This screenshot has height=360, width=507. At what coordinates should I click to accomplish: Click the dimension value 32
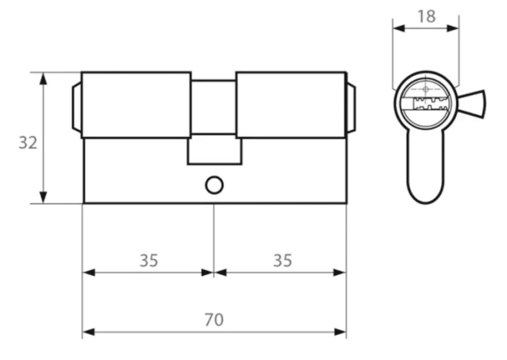(28, 143)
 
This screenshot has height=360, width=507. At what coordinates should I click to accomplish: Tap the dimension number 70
(214, 320)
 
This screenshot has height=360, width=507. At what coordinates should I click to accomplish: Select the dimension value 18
(426, 16)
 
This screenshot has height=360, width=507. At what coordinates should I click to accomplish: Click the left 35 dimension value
(149, 260)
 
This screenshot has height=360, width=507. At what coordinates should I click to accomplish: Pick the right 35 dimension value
(283, 260)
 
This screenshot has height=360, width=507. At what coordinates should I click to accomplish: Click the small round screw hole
(214, 185)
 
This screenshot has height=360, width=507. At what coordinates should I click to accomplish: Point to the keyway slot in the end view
(430, 103)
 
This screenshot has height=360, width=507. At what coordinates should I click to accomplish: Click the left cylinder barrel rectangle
(136, 105)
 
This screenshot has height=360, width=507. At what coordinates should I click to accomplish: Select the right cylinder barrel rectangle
(292, 105)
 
